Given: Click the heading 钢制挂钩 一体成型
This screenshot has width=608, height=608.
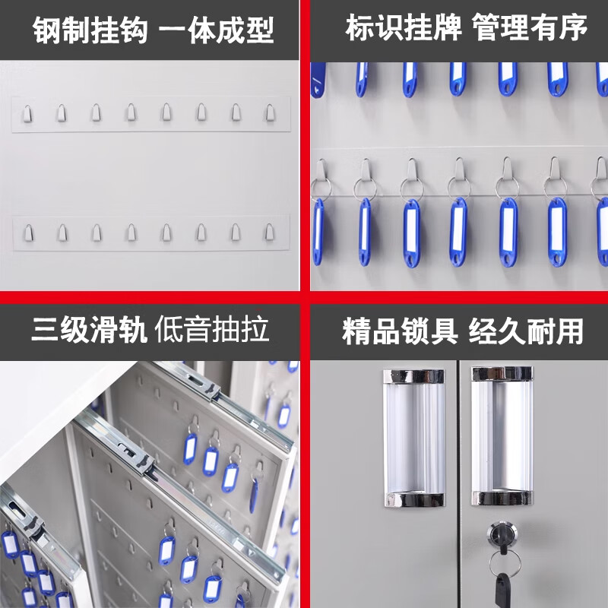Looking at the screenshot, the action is click(x=154, y=30).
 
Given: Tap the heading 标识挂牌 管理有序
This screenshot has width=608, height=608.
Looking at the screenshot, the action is click(x=466, y=27).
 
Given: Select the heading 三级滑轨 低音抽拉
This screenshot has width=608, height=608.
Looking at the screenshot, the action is click(x=150, y=329).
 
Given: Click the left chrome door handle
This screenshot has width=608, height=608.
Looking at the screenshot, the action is click(x=414, y=439).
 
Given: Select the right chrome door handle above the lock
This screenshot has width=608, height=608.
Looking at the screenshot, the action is click(x=502, y=435).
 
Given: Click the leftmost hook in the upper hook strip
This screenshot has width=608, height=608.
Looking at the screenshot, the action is click(x=27, y=114).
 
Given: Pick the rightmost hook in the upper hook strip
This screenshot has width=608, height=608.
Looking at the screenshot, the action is click(x=271, y=112).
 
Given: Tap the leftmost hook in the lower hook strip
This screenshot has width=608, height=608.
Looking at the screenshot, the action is click(x=28, y=233).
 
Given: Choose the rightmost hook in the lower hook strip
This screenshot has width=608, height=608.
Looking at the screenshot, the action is click(x=270, y=232).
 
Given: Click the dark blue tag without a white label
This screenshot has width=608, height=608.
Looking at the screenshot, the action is click(x=318, y=80).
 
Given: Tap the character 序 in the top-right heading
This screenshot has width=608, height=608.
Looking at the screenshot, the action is click(x=574, y=27).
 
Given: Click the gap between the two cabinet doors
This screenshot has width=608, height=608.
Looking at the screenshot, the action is click(x=458, y=484).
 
